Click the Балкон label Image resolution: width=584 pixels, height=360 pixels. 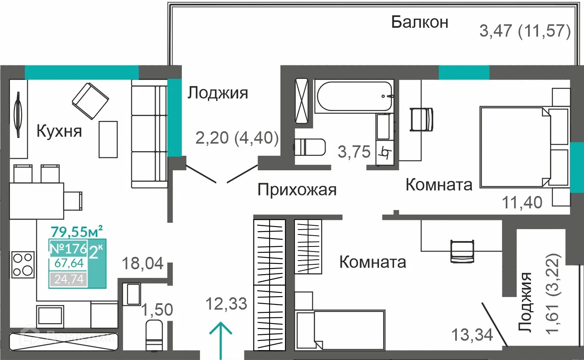tap(420, 22)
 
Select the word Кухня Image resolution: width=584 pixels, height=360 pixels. tap(59, 131)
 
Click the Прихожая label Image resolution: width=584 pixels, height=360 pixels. tap(297, 190)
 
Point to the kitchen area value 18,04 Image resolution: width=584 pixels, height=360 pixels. tap(143, 263)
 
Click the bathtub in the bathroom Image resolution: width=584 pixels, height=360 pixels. tap(355, 97)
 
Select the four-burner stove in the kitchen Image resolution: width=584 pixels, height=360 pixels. tap(23, 264)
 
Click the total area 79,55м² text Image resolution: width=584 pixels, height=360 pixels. tap(77, 230)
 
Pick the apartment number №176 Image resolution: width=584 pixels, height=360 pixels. tap(68, 249)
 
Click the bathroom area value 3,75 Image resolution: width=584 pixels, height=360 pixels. tap(354, 152)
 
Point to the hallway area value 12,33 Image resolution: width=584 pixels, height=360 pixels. tap(226, 304)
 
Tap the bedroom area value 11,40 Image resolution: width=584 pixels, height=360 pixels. tap(522, 203)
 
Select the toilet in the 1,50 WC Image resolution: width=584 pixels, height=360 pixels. tap(154, 336)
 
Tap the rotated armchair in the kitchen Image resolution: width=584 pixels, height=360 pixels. tap(90, 101)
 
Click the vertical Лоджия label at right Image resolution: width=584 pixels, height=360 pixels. tap(525, 302)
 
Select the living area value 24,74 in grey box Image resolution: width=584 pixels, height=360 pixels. tap(69, 279)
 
